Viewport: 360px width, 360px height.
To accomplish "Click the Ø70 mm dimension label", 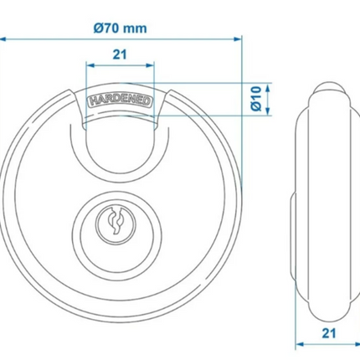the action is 120,28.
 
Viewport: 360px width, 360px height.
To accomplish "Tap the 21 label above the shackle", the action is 120,54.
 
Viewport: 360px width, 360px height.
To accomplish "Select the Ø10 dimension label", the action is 256,99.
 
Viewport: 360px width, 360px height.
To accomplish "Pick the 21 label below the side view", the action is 329,333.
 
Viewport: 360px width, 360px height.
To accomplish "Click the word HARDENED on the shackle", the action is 120,101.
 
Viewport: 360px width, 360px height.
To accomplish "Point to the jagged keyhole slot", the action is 116,220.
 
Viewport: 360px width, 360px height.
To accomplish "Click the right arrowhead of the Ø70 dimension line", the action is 238,39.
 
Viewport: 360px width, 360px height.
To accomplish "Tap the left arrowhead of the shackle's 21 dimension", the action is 90,65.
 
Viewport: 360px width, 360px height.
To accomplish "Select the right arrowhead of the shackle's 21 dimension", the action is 150,65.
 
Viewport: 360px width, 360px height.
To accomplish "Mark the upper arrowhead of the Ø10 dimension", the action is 268,88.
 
